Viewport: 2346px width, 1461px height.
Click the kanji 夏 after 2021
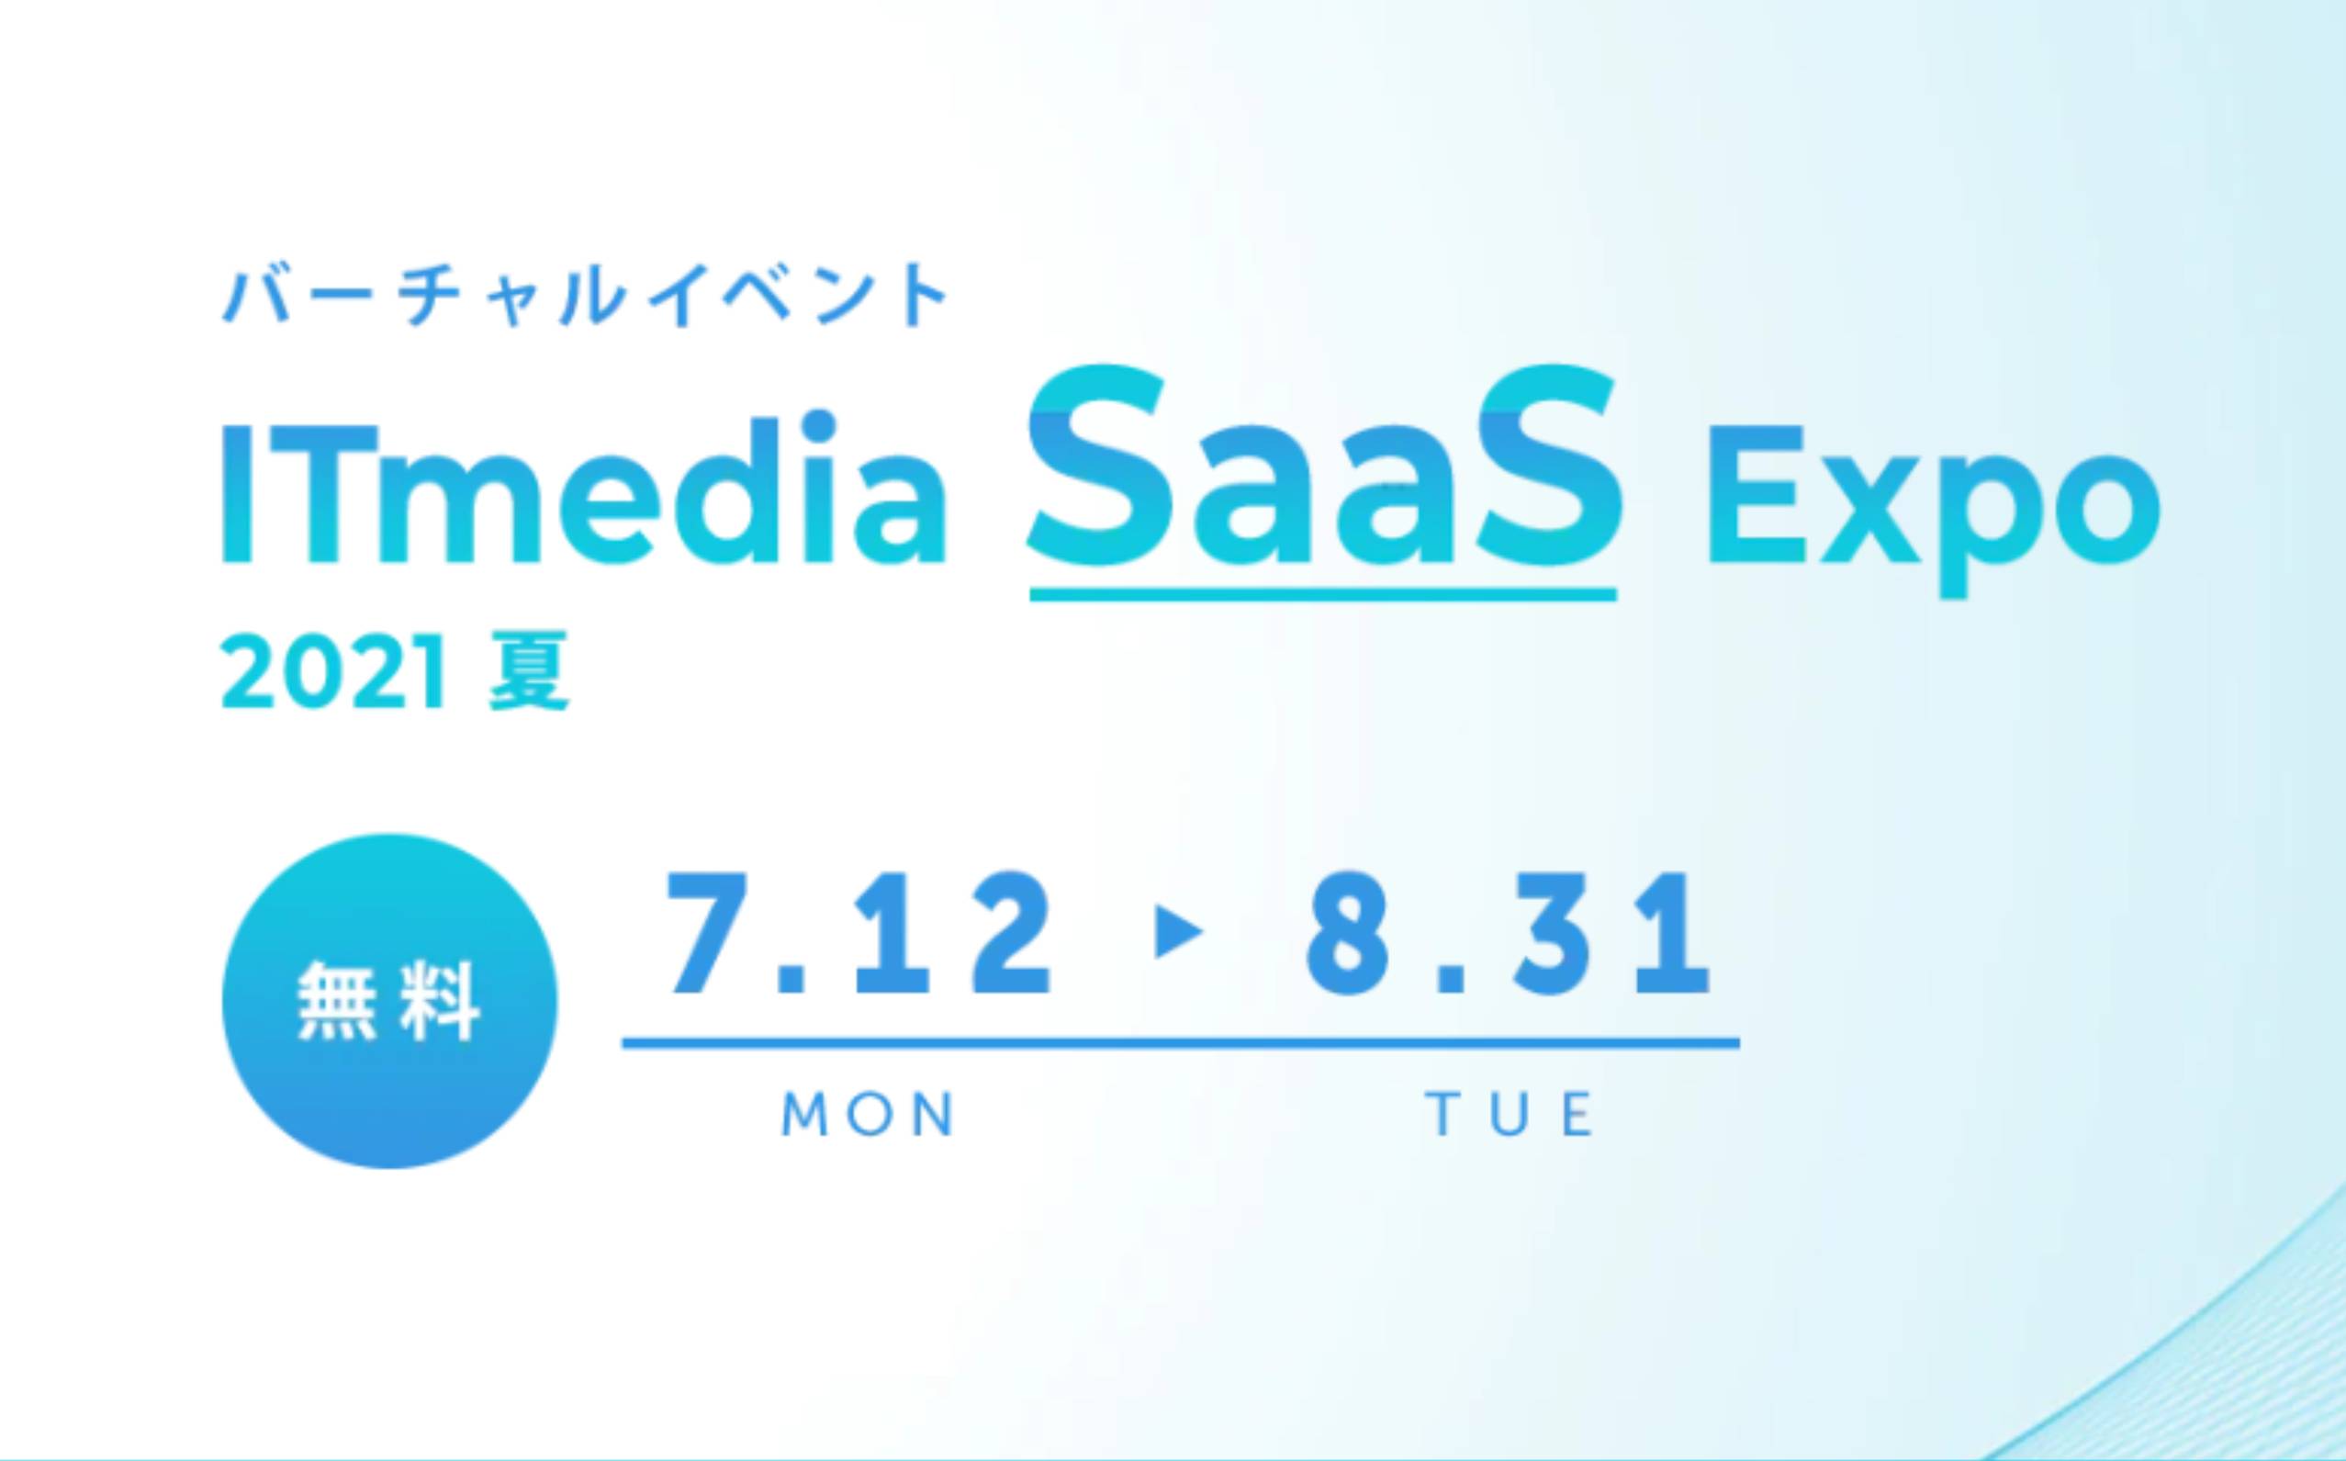pos(529,671)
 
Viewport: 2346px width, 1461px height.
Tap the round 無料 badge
pos(389,1002)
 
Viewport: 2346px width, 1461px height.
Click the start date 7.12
pos(858,933)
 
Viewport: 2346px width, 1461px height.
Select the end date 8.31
pos(1509,933)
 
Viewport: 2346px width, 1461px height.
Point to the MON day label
pos(868,1115)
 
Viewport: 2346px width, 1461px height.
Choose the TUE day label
pos(1509,1115)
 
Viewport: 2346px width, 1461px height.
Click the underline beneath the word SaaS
pos(1324,593)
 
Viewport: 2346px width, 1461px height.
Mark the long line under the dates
pos(1181,1042)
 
